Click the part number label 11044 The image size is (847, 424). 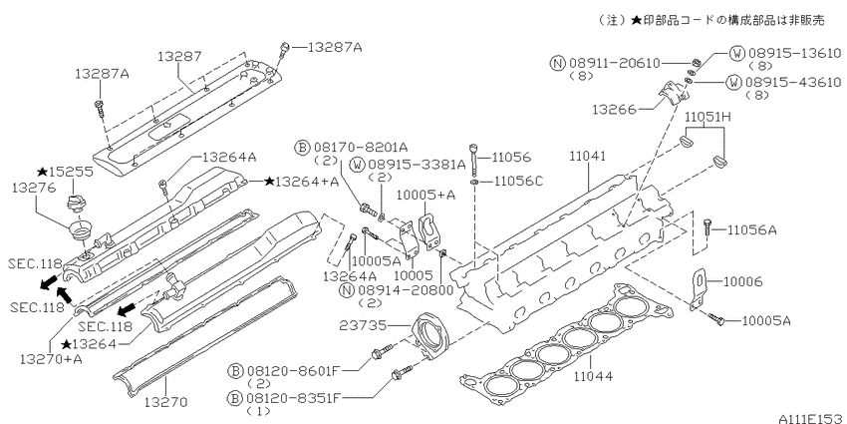(593, 375)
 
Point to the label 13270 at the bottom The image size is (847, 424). (165, 402)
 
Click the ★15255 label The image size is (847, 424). (65, 172)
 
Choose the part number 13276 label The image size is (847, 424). (33, 188)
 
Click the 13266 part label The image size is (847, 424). (613, 110)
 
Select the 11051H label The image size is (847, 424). (708, 117)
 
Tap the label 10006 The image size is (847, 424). (742, 281)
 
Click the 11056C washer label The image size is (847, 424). (516, 182)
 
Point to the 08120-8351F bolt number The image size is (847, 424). (294, 399)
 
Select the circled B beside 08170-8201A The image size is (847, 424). (303, 147)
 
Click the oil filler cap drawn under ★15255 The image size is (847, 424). (73, 205)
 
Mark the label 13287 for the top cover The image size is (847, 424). (179, 56)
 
